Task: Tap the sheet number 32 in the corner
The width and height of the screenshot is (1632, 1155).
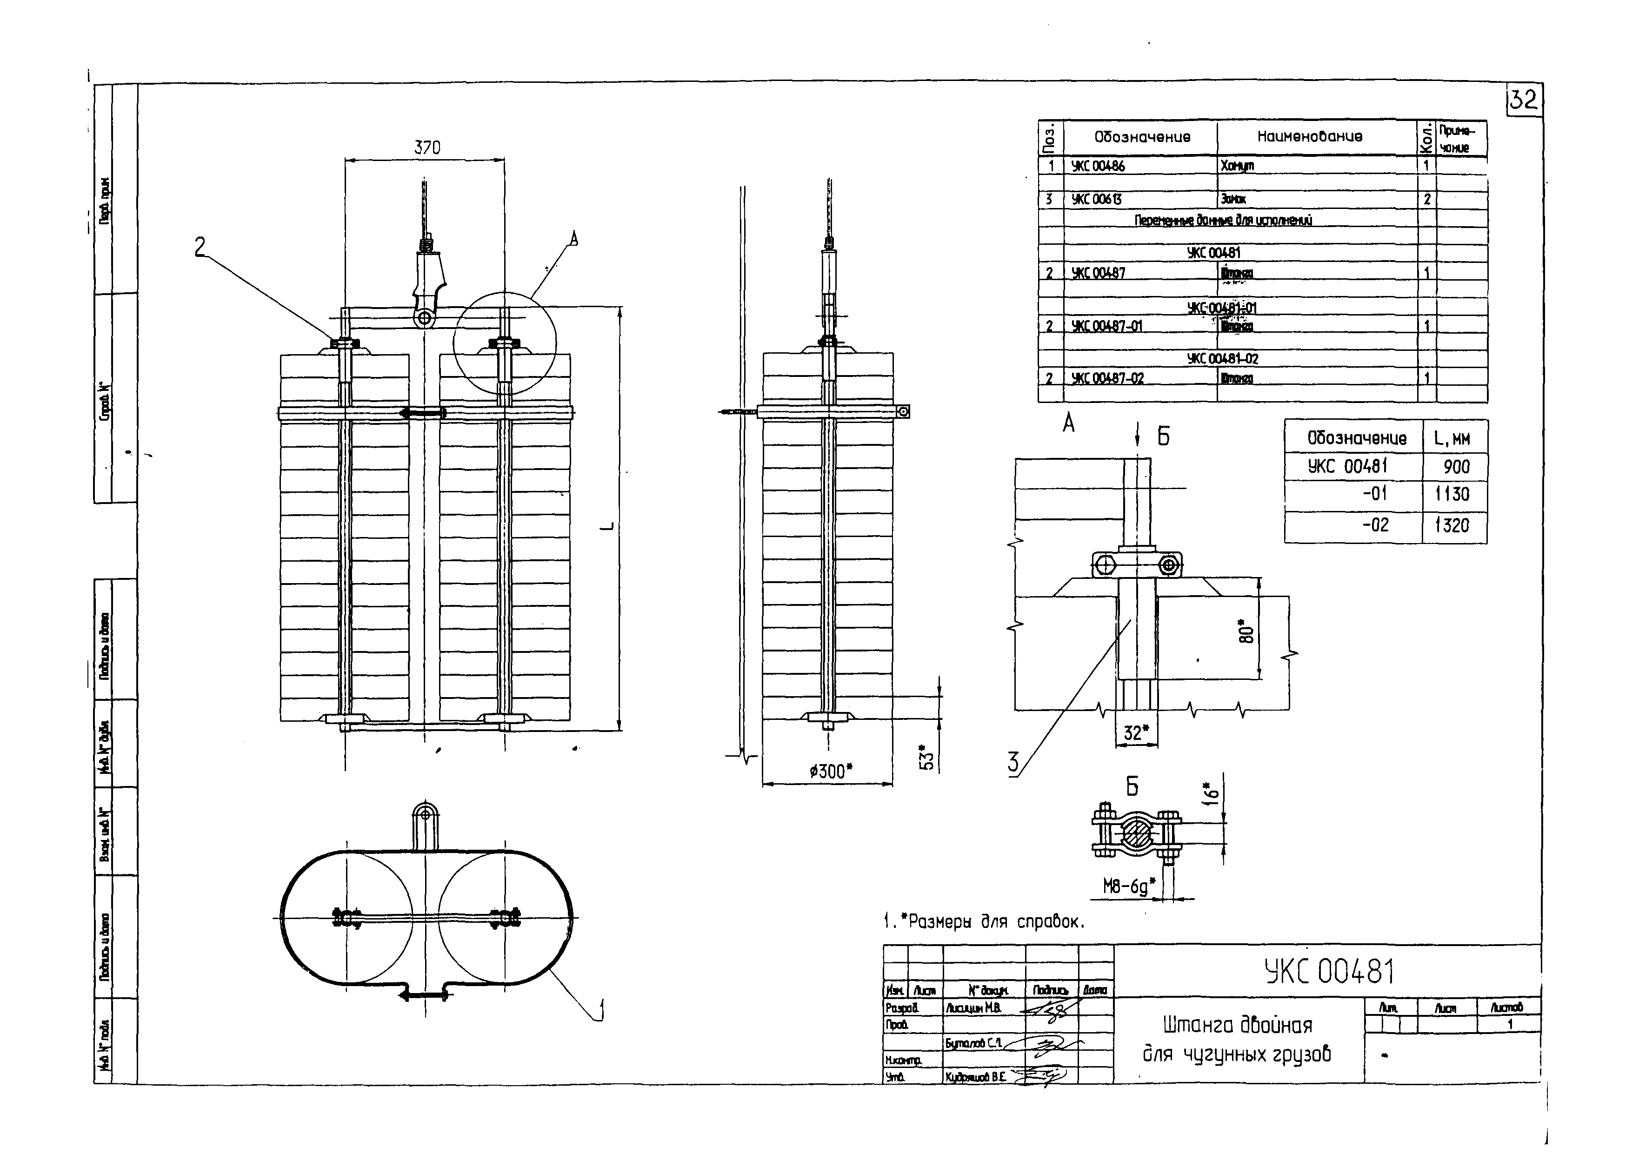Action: coord(1523,100)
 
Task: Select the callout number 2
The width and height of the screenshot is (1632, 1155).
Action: coord(200,247)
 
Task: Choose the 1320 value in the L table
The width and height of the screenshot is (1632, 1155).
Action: coord(1452,525)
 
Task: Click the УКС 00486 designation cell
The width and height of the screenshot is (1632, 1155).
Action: coord(1099,166)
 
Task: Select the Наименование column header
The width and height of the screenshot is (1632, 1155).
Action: coord(1309,136)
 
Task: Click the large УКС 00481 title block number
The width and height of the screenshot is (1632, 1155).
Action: coord(1329,972)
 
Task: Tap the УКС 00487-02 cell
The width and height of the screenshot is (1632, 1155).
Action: coord(1108,378)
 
